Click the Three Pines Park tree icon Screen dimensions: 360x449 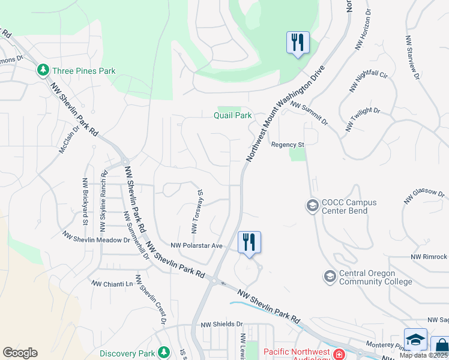tap(43, 71)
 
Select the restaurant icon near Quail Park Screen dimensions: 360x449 tap(298, 43)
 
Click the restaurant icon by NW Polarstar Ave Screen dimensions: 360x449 tap(249, 243)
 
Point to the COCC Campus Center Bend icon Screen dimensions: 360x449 tap(312, 206)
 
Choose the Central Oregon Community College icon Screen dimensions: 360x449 tap(330, 277)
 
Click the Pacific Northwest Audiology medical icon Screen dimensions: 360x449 tap(339, 354)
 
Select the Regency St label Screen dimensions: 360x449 tap(288, 145)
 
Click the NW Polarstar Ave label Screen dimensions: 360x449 tap(196, 245)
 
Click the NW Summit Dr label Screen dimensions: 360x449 tap(309, 113)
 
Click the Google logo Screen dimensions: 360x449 tap(20, 353)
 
